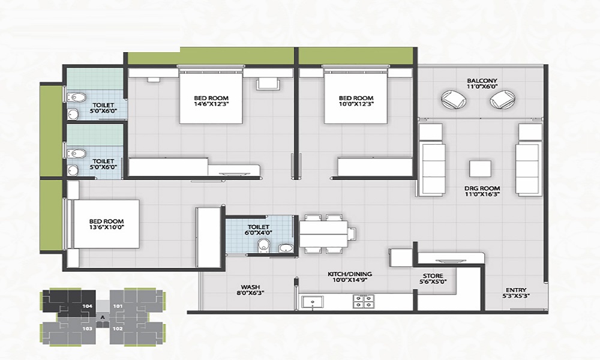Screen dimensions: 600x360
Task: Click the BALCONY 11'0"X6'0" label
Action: click(x=482, y=84)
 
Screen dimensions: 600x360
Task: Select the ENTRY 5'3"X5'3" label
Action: click(x=516, y=293)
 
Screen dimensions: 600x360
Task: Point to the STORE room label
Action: click(x=433, y=278)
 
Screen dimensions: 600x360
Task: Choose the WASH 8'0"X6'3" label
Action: click(x=251, y=290)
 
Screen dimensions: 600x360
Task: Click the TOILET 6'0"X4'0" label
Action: click(x=258, y=230)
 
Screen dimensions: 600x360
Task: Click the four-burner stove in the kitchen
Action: click(x=364, y=301)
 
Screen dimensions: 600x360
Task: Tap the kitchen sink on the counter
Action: click(x=312, y=301)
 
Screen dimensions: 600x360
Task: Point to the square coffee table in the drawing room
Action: click(x=480, y=169)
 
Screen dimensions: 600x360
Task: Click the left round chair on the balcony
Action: click(x=454, y=99)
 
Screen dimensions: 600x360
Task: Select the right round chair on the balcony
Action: click(x=502, y=99)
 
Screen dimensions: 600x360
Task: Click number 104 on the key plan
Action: click(x=87, y=307)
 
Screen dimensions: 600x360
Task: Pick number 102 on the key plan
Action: click(x=118, y=328)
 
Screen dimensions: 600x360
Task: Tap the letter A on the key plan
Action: click(x=103, y=317)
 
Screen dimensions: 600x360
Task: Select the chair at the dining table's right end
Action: click(x=352, y=233)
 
